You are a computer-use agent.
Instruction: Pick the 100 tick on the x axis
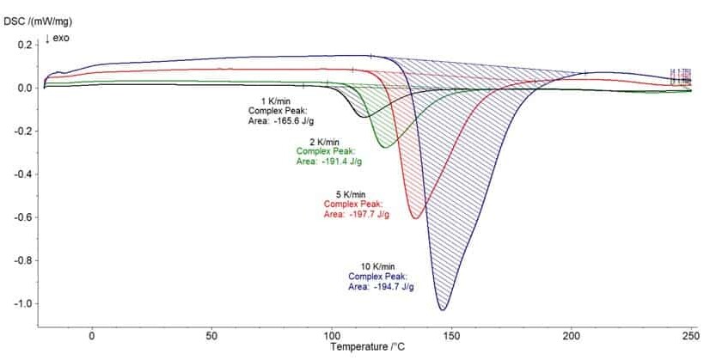[331, 335]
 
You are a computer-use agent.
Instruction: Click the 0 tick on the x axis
[91, 335]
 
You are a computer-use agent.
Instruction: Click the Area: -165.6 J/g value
[282, 121]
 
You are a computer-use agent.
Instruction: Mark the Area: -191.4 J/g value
[329, 161]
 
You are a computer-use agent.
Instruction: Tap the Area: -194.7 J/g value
[381, 286]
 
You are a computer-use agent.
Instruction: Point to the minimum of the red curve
[416, 219]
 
